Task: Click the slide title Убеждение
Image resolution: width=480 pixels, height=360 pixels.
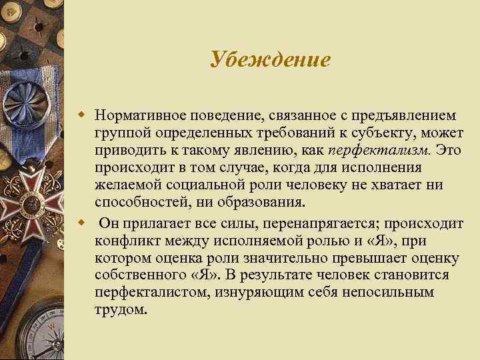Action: [x=270, y=59]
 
